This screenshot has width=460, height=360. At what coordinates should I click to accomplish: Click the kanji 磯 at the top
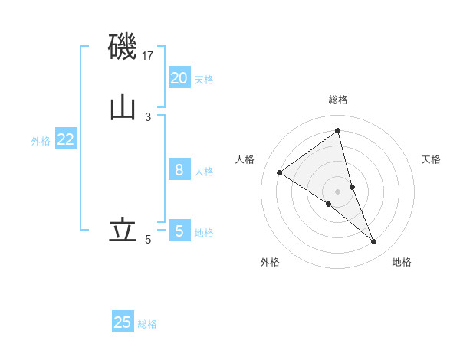click(123, 47)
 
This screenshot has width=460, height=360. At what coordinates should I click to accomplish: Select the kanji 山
click(123, 106)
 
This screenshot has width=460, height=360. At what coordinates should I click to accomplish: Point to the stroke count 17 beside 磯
click(149, 56)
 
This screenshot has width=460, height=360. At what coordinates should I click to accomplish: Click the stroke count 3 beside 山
click(148, 116)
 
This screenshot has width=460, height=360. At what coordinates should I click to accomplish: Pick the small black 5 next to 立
click(148, 240)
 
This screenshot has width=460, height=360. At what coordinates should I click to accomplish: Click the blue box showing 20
click(179, 78)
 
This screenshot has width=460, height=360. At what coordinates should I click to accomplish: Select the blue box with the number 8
click(179, 170)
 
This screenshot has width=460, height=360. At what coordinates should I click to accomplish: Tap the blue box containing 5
click(179, 231)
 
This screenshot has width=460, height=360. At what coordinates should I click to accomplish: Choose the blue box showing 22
click(66, 139)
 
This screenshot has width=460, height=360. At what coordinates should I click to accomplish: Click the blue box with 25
click(123, 322)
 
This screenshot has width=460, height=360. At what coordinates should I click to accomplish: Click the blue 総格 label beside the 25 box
click(147, 324)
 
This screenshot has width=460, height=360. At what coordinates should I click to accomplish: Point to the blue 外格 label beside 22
click(41, 141)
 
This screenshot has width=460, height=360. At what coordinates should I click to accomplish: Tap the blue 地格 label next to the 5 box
click(204, 232)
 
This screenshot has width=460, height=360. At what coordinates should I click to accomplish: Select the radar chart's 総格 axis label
click(338, 100)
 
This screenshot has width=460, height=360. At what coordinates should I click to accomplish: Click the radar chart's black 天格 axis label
click(432, 159)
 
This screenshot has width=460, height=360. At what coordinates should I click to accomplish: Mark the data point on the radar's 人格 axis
click(279, 172)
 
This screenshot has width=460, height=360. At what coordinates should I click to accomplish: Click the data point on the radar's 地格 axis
click(374, 242)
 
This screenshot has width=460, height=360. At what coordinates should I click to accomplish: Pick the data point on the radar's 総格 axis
click(338, 131)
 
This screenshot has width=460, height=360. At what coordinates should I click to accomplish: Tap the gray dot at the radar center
click(338, 191)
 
